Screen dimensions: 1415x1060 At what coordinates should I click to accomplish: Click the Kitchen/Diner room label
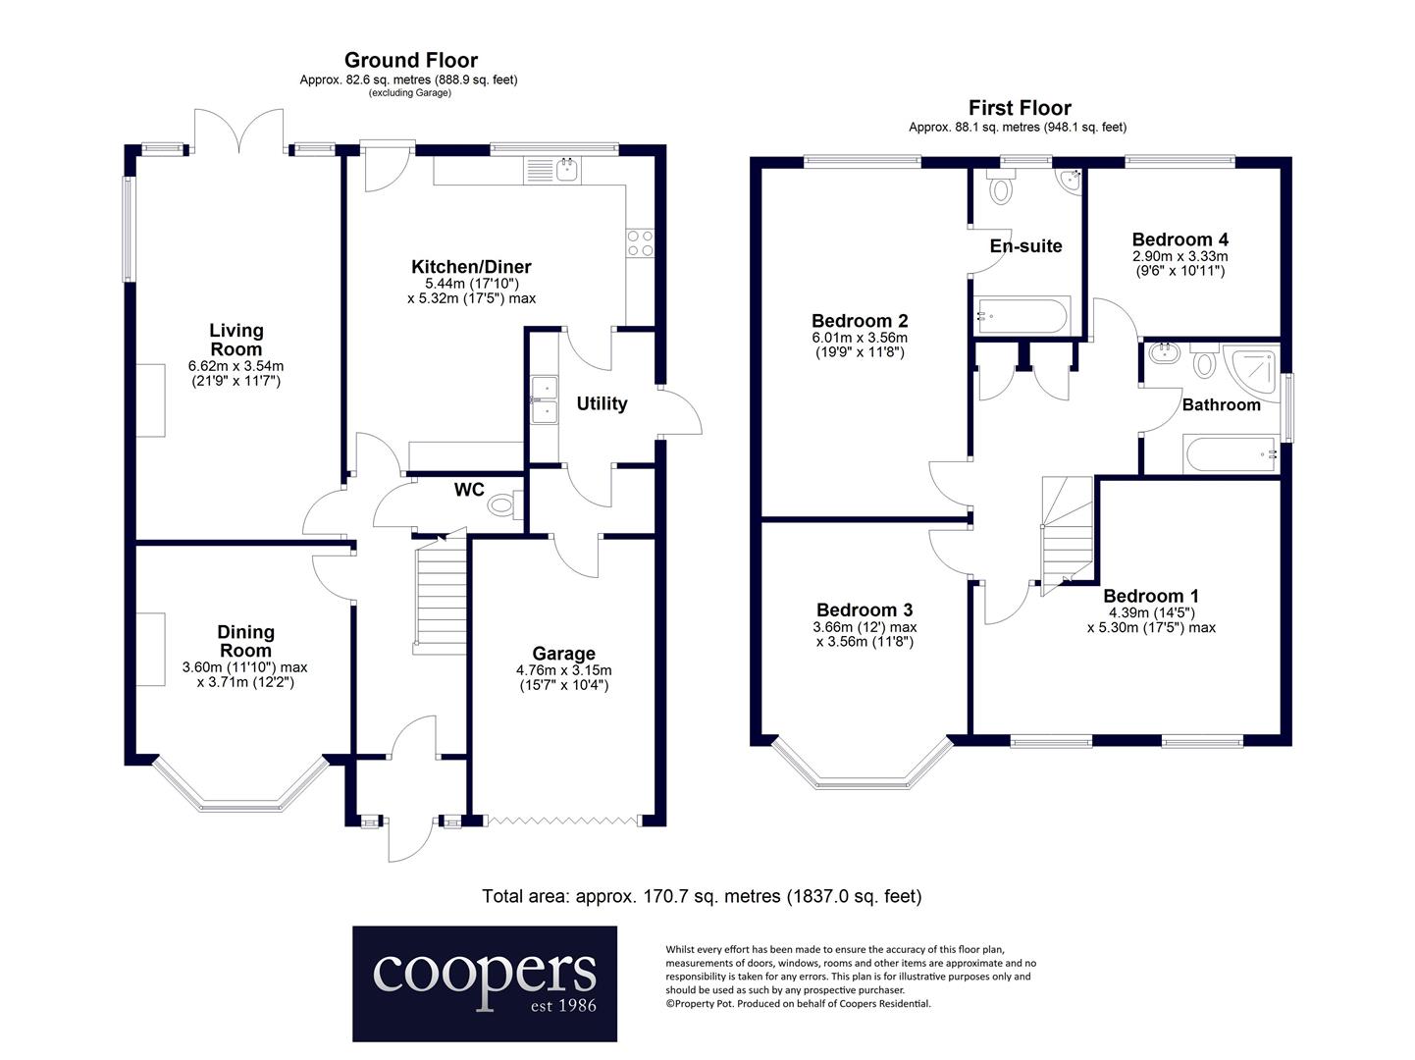click(471, 266)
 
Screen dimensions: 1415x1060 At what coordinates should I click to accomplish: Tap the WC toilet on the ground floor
click(504, 504)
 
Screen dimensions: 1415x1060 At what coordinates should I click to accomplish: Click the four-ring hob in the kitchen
click(640, 243)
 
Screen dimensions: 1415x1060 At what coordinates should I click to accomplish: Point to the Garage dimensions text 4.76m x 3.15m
click(563, 670)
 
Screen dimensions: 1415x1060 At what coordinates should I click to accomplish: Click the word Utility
click(602, 403)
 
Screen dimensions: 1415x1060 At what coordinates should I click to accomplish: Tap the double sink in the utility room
click(545, 399)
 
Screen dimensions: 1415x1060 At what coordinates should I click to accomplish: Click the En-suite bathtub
click(1022, 316)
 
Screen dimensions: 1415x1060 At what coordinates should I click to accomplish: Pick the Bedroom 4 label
click(1179, 239)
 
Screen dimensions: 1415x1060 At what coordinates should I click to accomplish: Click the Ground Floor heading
click(411, 60)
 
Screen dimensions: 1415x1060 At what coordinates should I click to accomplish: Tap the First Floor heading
click(1020, 108)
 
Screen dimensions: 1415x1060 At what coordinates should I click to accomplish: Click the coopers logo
click(484, 983)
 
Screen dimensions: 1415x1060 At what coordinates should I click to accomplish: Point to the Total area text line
click(702, 896)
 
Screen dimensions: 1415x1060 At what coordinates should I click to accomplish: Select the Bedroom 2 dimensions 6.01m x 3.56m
click(860, 338)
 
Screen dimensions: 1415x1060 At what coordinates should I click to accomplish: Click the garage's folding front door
click(563, 821)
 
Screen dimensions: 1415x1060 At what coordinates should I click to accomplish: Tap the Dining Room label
click(245, 641)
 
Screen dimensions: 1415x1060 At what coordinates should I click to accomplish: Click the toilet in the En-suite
click(1001, 187)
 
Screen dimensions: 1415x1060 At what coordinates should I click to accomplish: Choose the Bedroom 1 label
click(1151, 596)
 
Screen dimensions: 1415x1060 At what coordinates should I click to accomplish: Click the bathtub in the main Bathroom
click(1231, 453)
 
